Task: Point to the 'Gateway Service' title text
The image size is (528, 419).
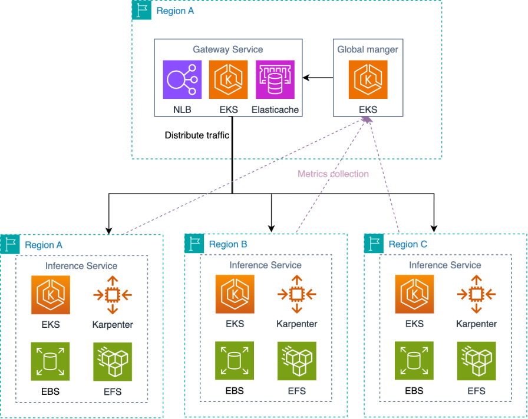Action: coord(228,49)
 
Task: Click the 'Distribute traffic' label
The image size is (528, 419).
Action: coord(197,135)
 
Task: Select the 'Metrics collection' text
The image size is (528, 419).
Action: coord(333,174)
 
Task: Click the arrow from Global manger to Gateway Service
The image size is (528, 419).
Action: coord(318,78)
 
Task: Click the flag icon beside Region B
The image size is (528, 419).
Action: coord(194,244)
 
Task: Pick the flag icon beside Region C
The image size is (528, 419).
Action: coord(374,244)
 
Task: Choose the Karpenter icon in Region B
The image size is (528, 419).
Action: coord(297,294)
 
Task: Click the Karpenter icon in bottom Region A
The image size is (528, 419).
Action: coord(113,294)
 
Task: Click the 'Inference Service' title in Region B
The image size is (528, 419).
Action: coord(265,265)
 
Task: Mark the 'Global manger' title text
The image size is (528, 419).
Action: coord(368,49)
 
